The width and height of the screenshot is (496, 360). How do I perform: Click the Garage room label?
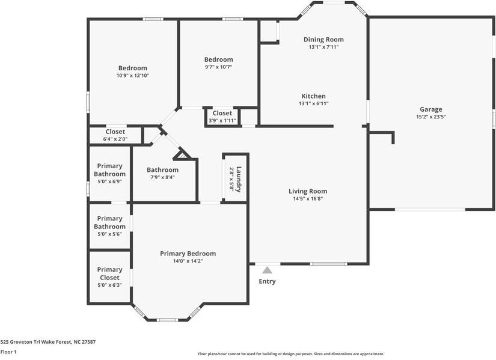[x=430, y=109]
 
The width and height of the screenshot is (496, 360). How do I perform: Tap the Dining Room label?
[x=323, y=40]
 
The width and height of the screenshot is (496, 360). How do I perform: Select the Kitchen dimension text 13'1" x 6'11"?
[x=314, y=103]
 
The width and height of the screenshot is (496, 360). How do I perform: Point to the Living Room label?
[x=308, y=191]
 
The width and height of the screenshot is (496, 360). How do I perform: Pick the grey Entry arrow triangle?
[x=267, y=270]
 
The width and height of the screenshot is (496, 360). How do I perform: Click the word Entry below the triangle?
[x=267, y=281]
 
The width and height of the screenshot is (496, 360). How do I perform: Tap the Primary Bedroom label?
[x=188, y=254]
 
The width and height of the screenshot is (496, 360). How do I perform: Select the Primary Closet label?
[x=109, y=273]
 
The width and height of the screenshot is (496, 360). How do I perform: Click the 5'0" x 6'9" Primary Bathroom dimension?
[x=109, y=181]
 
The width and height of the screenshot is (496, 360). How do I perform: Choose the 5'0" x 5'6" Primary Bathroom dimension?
[x=109, y=234]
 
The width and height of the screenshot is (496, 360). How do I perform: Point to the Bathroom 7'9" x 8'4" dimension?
[x=162, y=177]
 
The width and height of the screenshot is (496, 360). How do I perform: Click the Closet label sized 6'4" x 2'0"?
[x=115, y=132]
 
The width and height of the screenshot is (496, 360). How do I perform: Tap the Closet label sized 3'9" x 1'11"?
[x=222, y=113]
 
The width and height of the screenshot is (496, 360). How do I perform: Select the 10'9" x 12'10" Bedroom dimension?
[x=132, y=76]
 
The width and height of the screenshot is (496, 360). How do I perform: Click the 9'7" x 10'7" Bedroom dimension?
[x=218, y=67]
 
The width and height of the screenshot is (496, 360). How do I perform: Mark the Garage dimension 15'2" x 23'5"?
[x=430, y=117]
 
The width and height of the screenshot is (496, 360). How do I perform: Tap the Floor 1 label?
[x=8, y=352]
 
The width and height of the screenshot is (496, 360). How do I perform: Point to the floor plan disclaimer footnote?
[x=291, y=354]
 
